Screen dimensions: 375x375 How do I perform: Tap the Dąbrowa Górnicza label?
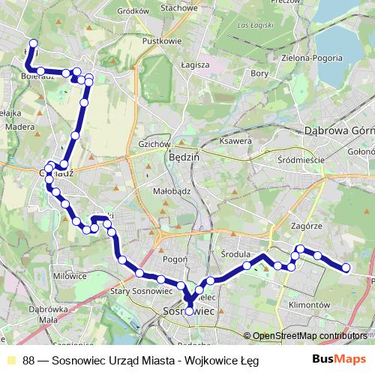[338, 130]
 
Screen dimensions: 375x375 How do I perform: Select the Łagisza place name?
[194, 64]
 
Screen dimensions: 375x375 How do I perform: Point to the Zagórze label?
[305, 225]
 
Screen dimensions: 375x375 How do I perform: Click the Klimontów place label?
[308, 305]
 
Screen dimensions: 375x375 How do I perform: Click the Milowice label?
[70, 276]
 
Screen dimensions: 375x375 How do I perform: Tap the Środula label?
[238, 254]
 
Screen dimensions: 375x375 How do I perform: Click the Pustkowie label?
[163, 41]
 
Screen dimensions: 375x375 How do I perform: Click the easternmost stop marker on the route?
[346, 268]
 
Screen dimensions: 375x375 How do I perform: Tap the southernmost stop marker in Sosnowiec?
[190, 311]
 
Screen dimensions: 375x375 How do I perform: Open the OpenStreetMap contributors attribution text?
[308, 336]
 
